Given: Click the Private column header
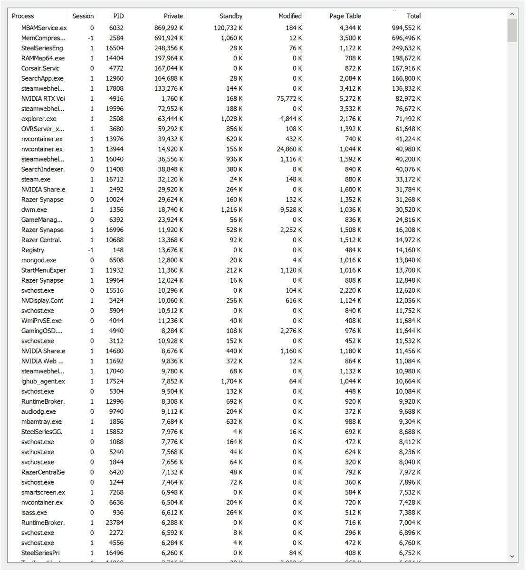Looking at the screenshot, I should pyautogui.click(x=173, y=16).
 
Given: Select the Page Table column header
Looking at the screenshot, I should pyautogui.click(x=345, y=16).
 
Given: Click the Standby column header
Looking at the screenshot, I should pyautogui.click(x=231, y=16).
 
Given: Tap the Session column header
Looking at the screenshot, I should pyautogui.click(x=83, y=16).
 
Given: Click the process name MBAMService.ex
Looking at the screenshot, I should pyautogui.click(x=44, y=28).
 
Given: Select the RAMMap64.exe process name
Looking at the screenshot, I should pyautogui.click(x=43, y=58).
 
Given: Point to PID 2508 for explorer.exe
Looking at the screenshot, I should pyautogui.click(x=116, y=119).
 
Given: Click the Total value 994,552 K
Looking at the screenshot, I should pyautogui.click(x=406, y=28).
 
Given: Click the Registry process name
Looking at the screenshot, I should pyautogui.click(x=33, y=250).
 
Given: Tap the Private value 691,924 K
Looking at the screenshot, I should pyautogui.click(x=169, y=38).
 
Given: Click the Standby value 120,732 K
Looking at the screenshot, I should pyautogui.click(x=228, y=28).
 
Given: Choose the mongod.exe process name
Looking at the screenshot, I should pyautogui.click(x=38, y=260).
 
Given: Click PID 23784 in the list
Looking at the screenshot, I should pyautogui.click(x=115, y=523).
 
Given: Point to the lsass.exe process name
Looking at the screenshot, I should pyautogui.click(x=34, y=513).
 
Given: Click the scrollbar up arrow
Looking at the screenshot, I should pyautogui.click(x=512, y=14).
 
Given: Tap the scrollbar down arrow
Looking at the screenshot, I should pyautogui.click(x=512, y=556).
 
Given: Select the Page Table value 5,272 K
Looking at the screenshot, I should pyautogui.click(x=350, y=98).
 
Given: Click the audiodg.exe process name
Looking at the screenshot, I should pyautogui.click(x=38, y=411).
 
